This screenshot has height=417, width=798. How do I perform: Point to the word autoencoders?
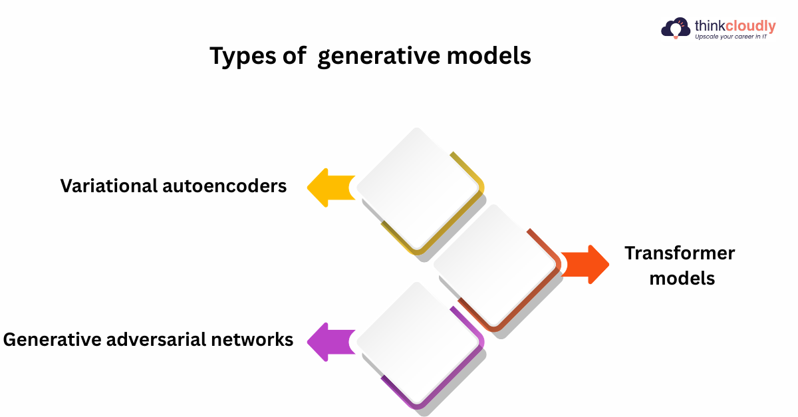pyautogui.click(x=224, y=186)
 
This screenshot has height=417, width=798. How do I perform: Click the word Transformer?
pyautogui.click(x=680, y=253)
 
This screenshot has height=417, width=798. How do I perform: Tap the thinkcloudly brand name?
pyautogui.click(x=735, y=26)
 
